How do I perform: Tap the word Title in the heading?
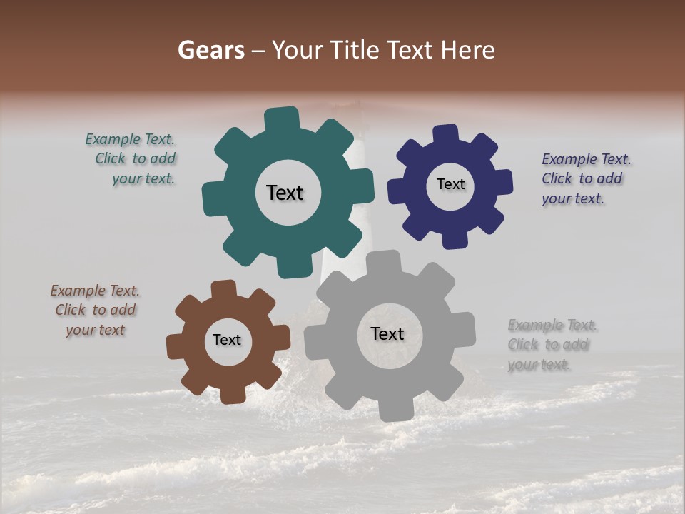point(357,50)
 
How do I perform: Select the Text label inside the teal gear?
point(285,193)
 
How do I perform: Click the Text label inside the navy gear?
point(450,184)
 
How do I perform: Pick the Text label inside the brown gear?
point(227,340)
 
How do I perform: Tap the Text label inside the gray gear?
point(387,333)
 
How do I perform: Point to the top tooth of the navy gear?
point(446,134)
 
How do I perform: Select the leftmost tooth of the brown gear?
point(176,347)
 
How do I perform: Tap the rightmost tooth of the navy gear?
point(503,182)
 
